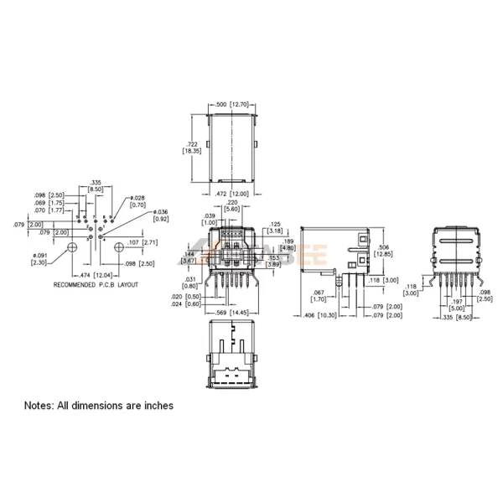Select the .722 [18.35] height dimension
[x=193, y=147]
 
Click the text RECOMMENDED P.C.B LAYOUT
[x=96, y=285]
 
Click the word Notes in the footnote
[x=39, y=405]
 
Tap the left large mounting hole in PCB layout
[x=72, y=246]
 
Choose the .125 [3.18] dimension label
[x=277, y=227]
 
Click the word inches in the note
[x=157, y=405]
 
